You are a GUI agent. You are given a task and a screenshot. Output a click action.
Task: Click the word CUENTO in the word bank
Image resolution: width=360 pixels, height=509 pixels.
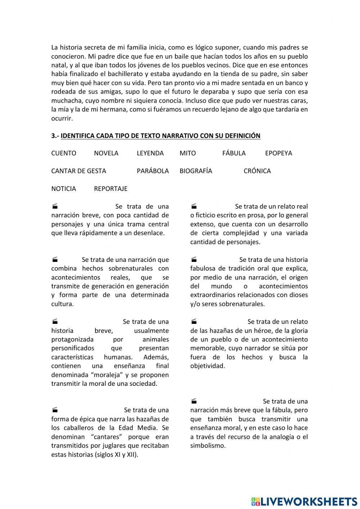pos(64,153)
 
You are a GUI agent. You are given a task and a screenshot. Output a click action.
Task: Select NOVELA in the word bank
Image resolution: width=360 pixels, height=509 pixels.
pos(106,153)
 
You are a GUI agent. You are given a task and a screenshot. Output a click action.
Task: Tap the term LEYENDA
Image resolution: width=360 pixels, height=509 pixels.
pos(150,153)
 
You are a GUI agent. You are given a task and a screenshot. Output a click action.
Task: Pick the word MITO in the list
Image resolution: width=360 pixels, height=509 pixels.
pos(188,153)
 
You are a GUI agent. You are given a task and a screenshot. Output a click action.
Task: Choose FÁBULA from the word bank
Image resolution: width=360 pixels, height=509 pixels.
pos(234,153)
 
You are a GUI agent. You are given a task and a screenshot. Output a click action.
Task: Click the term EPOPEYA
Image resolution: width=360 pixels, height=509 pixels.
pos(278,153)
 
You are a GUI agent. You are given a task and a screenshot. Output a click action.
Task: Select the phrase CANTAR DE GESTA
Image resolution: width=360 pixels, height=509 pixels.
pos(78,171)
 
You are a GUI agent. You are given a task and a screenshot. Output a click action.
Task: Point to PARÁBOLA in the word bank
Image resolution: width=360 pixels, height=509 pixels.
pos(153,171)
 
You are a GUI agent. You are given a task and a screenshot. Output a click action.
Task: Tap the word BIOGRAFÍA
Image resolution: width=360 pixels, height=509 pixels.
pos(196,171)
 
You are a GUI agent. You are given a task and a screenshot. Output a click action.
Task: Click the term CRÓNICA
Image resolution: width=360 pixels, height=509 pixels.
pos(257,171)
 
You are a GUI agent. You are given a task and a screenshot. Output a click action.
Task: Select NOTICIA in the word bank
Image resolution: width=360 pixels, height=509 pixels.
pos(64,188)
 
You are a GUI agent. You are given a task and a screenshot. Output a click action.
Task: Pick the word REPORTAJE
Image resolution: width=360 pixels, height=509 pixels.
pos(111,188)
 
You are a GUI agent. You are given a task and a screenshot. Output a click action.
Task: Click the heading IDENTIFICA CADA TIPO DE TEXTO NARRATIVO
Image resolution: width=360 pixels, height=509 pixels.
pos(160,136)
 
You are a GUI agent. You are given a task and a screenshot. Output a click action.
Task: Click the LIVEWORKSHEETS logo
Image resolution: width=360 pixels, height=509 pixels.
pos(304,501)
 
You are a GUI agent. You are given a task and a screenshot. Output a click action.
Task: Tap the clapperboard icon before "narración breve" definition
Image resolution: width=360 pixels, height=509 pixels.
pos(55,206)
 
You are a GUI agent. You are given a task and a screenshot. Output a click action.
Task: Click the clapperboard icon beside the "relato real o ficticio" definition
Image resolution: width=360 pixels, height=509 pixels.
pos(194,206)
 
